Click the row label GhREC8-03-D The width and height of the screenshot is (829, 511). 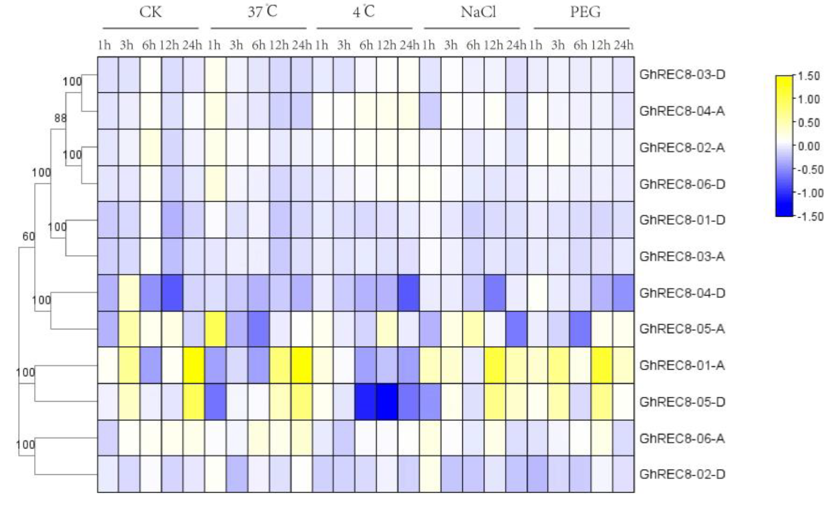(x=682, y=74)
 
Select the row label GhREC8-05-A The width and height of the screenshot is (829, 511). (x=682, y=328)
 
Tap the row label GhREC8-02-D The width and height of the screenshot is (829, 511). (x=682, y=474)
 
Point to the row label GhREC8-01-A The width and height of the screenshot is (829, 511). (x=682, y=365)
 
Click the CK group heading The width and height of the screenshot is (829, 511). (x=151, y=12)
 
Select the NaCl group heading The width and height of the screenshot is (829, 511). (x=478, y=12)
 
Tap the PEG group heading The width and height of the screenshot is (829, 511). (x=585, y=12)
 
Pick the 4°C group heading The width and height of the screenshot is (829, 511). (x=364, y=12)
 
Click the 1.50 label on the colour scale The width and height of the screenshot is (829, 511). (x=810, y=76)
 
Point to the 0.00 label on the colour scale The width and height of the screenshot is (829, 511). (x=810, y=146)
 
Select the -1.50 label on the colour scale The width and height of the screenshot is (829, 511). (x=810, y=216)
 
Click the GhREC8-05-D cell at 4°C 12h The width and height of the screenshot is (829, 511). (x=387, y=402)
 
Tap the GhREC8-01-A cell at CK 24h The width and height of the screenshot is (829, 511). (x=193, y=365)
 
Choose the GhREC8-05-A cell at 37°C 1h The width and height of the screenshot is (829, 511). (x=215, y=329)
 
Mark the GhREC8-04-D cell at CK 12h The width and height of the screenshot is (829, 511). (x=172, y=293)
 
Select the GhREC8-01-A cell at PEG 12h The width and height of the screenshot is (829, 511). (x=602, y=365)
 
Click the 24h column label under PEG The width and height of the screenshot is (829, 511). (x=623, y=45)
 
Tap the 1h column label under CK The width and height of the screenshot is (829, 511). (x=104, y=45)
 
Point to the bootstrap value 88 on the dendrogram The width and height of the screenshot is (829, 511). (x=61, y=118)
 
